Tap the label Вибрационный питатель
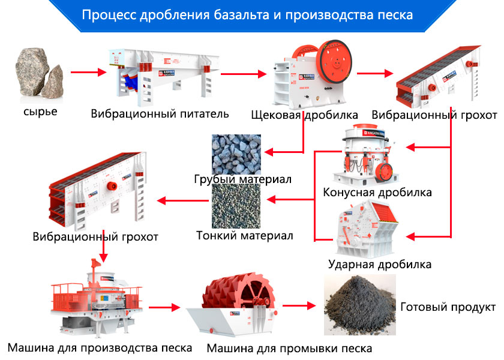pos(160,113)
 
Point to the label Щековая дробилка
pos(304,115)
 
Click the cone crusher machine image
pos(368,155)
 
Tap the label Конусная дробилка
pos(377,193)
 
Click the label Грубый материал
pos(242,179)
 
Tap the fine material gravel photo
pos(236,206)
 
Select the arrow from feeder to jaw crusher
pos(242,74)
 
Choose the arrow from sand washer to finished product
pos(299,305)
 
